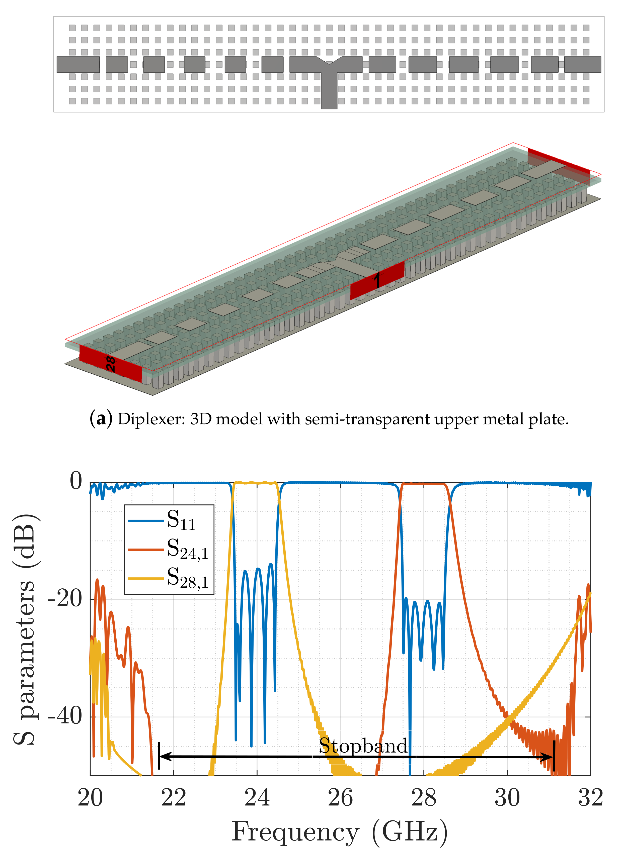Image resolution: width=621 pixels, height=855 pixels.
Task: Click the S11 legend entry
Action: click(x=181, y=521)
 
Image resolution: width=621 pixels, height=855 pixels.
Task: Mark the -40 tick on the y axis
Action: click(x=65, y=716)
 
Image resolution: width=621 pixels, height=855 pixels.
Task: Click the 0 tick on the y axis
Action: click(x=76, y=481)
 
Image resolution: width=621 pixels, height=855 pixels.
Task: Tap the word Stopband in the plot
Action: click(x=363, y=746)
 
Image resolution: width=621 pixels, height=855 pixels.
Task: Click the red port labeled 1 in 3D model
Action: click(x=377, y=280)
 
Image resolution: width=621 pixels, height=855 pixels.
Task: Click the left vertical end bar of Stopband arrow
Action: click(x=159, y=756)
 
